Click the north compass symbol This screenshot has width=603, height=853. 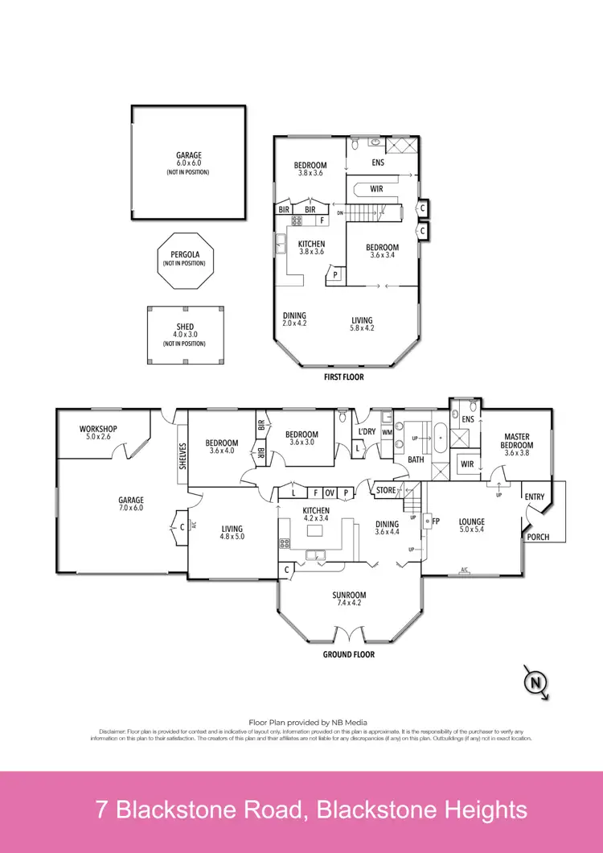(x=535, y=682)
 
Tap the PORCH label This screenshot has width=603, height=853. (x=538, y=537)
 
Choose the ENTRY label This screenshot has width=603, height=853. (x=535, y=497)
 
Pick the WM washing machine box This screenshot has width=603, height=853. (x=387, y=432)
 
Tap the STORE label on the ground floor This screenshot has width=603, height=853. (x=386, y=490)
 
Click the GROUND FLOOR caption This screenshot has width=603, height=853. (x=349, y=654)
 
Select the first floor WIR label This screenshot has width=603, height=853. (x=375, y=190)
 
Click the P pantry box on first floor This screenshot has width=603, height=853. (x=334, y=275)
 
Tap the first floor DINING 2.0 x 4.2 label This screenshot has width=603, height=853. (x=294, y=319)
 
